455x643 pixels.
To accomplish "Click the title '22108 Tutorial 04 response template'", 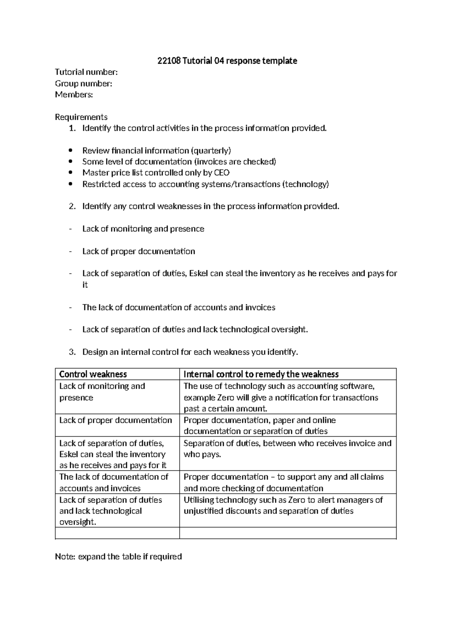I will coord(227,61).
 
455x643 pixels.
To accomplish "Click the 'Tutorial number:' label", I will coord(86,72).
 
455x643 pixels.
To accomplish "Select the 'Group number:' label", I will coord(83,83).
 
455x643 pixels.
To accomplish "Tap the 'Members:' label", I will coord(74,94).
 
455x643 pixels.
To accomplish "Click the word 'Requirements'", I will coord(81,117).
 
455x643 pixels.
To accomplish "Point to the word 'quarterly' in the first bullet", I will coord(211,151).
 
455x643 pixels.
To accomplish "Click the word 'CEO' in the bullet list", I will coord(222,173).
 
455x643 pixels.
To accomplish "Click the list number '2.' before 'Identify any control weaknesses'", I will coord(72,207).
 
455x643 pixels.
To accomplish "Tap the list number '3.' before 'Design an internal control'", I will coord(72,352).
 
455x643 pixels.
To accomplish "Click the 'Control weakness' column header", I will coord(93,374).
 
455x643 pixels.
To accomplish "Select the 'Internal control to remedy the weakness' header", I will coord(261,374).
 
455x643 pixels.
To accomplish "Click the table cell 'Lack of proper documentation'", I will coord(116,420).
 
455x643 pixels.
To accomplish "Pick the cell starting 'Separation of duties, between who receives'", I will coord(287,449).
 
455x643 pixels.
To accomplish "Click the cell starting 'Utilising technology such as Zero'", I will coord(283,505).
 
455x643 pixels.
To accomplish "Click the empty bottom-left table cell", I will coord(117,533).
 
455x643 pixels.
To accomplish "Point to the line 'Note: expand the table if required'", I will coord(118,557).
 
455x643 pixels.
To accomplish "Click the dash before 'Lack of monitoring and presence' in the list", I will coord(70,229).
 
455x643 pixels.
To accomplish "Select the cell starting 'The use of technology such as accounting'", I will coord(281,397).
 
